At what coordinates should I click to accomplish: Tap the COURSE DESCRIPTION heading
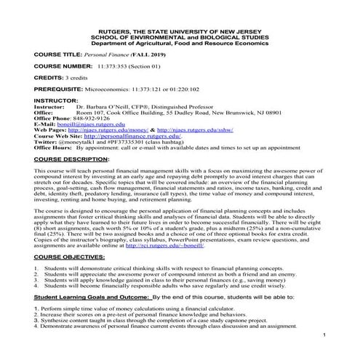71,157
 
